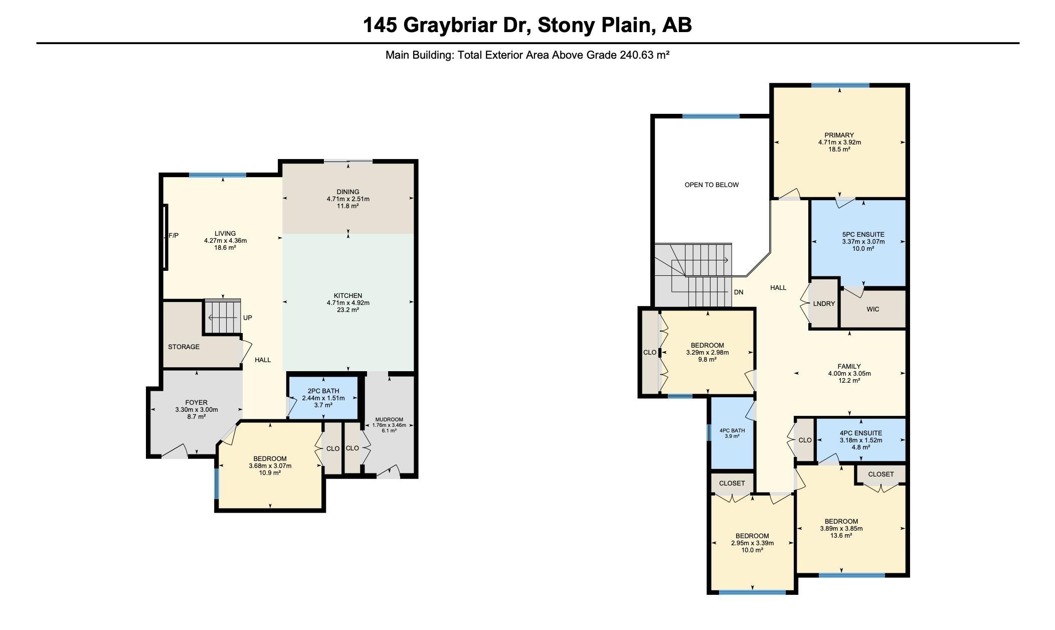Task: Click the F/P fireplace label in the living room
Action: pos(173,235)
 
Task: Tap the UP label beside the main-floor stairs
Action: pos(248,318)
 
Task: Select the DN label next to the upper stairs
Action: pos(739,292)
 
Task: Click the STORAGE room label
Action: pos(184,347)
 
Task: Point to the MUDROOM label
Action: pos(389,419)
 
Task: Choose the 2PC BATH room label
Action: pos(323,391)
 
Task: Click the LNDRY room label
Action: pos(824,303)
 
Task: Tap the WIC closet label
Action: pos(873,309)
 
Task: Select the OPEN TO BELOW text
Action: pos(712,185)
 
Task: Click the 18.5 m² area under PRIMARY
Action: pos(839,149)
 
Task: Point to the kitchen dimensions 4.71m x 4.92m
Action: pos(348,302)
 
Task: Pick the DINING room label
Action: pos(348,192)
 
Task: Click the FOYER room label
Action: pos(197,402)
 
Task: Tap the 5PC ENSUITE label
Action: pos(863,234)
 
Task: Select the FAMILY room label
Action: pos(849,366)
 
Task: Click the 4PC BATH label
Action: pos(732,430)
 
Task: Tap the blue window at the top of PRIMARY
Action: pos(840,85)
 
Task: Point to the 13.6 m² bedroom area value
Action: pos(841,535)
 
